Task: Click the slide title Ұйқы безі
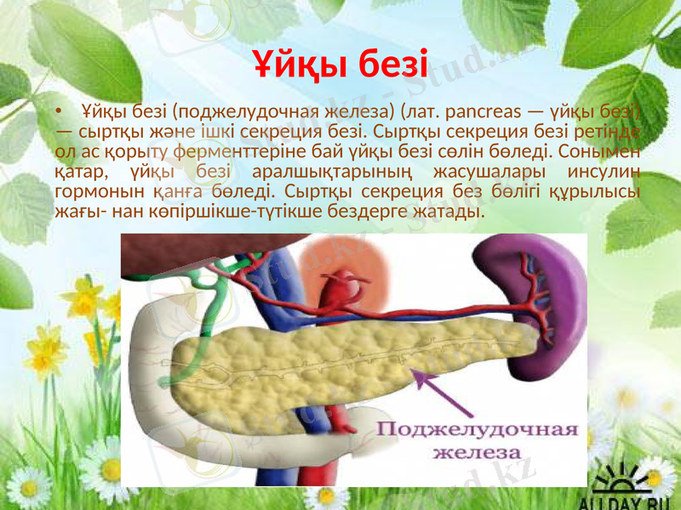click(340, 61)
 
